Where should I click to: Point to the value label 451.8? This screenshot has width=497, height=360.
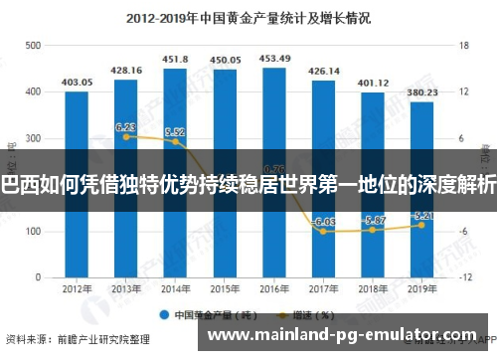point(176,60)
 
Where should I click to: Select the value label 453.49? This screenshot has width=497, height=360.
point(274,59)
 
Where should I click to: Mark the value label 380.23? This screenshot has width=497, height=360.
point(422,92)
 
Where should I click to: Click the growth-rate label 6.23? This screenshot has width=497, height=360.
point(126,127)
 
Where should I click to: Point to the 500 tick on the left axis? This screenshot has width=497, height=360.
point(33,46)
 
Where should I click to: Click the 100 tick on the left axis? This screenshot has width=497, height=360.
point(33,231)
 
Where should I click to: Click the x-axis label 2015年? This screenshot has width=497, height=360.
point(225,290)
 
